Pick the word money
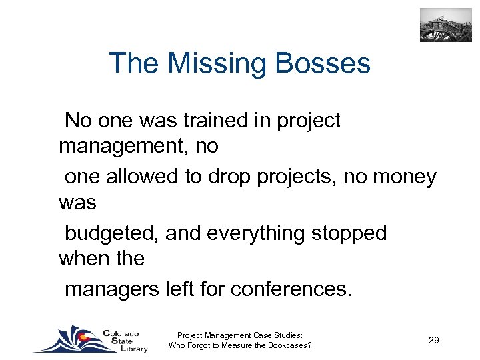405,177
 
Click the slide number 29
433,341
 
